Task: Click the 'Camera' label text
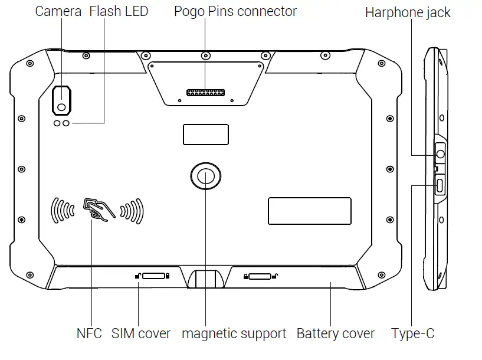[58, 12]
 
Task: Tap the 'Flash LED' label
[119, 12]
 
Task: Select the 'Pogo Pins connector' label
[235, 12]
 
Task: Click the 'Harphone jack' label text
[408, 13]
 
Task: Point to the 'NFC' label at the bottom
[89, 333]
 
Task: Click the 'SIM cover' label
[141, 333]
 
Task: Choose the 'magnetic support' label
[234, 333]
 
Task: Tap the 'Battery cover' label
[335, 333]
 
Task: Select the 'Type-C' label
[413, 333]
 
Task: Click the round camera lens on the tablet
[61, 107]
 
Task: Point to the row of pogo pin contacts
[205, 93]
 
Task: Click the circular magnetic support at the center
[205, 175]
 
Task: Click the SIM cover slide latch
[153, 276]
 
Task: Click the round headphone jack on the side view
[441, 155]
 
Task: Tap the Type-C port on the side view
[441, 185]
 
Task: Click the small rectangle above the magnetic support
[205, 135]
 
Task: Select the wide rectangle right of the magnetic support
[309, 211]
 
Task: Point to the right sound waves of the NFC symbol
[132, 210]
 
